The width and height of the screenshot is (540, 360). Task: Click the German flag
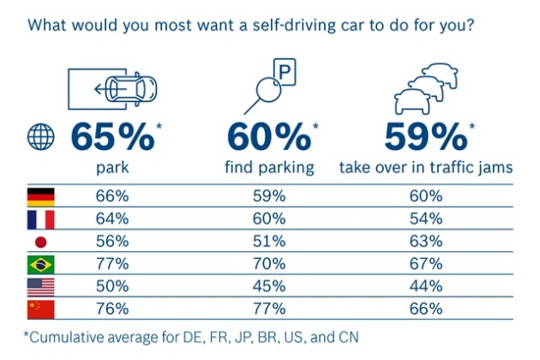tap(40, 196)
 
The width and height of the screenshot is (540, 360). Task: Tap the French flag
tap(40, 219)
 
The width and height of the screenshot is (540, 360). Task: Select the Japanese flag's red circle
tap(40, 243)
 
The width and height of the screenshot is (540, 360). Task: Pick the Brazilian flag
tap(40, 265)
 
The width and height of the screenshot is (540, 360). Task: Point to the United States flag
tap(40, 287)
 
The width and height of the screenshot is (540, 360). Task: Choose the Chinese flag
tap(40, 309)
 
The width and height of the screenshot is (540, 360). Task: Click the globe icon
tap(40, 136)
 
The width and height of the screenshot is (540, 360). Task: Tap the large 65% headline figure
tap(112, 137)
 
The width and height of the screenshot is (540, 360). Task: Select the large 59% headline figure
tap(426, 137)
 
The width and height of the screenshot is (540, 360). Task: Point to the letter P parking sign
tap(285, 72)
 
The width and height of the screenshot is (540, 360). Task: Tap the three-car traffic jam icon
tap(426, 88)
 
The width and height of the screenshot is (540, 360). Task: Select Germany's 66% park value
tap(112, 196)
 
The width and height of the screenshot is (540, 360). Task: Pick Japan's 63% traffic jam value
tap(426, 241)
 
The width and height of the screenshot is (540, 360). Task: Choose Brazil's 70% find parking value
tap(269, 264)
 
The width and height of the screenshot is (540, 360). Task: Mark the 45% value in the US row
tap(269, 286)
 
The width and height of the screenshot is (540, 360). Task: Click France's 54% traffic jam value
tap(426, 219)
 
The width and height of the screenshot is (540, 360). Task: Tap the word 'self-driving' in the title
tap(294, 26)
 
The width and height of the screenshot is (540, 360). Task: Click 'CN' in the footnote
tap(349, 337)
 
